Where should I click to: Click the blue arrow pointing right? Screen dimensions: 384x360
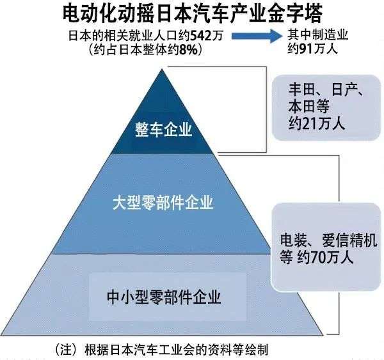tap(257, 36)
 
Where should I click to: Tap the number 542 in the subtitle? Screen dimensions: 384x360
tap(200, 36)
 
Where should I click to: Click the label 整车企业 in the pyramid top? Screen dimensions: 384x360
tap(164, 130)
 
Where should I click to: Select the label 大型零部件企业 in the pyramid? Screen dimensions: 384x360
tap(163, 203)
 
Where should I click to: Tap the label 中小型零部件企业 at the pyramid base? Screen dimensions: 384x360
tap(164, 297)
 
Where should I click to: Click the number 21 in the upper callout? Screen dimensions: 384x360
tap(310, 123)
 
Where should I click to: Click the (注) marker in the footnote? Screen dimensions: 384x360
tap(67, 350)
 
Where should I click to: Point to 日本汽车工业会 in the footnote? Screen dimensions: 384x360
tap(154, 350)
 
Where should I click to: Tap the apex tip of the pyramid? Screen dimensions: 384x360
tap(162, 69)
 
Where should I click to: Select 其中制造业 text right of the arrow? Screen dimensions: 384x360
tap(318, 35)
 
